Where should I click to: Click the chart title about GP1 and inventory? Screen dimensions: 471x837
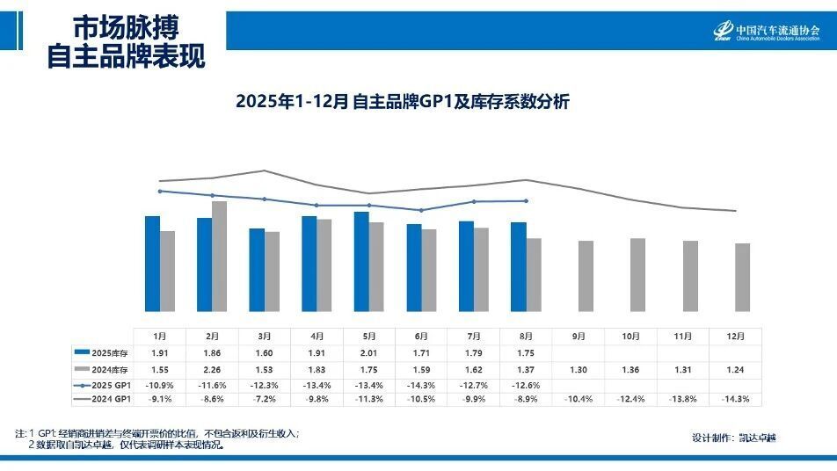click(x=403, y=102)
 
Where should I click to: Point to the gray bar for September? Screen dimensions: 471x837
click(x=586, y=276)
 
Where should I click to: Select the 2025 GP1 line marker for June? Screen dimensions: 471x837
click(x=421, y=210)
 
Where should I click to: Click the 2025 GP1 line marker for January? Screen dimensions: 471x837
click(x=160, y=191)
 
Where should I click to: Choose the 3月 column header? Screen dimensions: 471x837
click(x=265, y=337)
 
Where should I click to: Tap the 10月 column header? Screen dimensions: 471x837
click(x=630, y=337)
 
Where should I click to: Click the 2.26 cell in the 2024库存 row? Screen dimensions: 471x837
click(x=213, y=369)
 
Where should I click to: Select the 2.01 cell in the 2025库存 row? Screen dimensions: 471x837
click(x=369, y=352)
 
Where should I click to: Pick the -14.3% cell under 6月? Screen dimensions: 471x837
click(x=421, y=385)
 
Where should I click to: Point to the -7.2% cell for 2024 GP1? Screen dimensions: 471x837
click(x=265, y=400)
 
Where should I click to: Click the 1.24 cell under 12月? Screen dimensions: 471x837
click(x=736, y=369)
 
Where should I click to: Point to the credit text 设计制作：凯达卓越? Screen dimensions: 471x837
click(x=734, y=437)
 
